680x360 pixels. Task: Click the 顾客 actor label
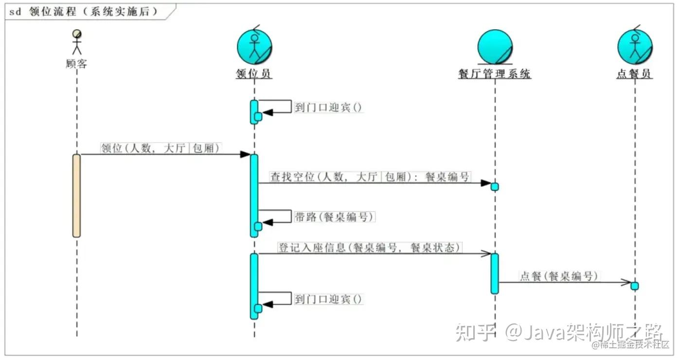(x=76, y=64)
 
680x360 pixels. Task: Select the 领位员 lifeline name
(x=254, y=74)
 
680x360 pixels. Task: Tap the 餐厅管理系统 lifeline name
(x=494, y=74)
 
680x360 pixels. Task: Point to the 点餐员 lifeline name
(x=634, y=74)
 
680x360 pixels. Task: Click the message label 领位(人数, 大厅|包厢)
(x=161, y=148)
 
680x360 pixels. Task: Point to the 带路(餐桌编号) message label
(x=335, y=217)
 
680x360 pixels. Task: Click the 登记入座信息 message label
(x=369, y=247)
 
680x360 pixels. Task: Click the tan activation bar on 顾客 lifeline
(x=76, y=196)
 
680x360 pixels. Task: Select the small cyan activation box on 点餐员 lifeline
(x=634, y=286)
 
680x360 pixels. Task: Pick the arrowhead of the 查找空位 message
(x=486, y=183)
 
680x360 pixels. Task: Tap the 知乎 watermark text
(x=476, y=332)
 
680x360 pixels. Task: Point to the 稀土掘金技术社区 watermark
(x=631, y=345)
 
